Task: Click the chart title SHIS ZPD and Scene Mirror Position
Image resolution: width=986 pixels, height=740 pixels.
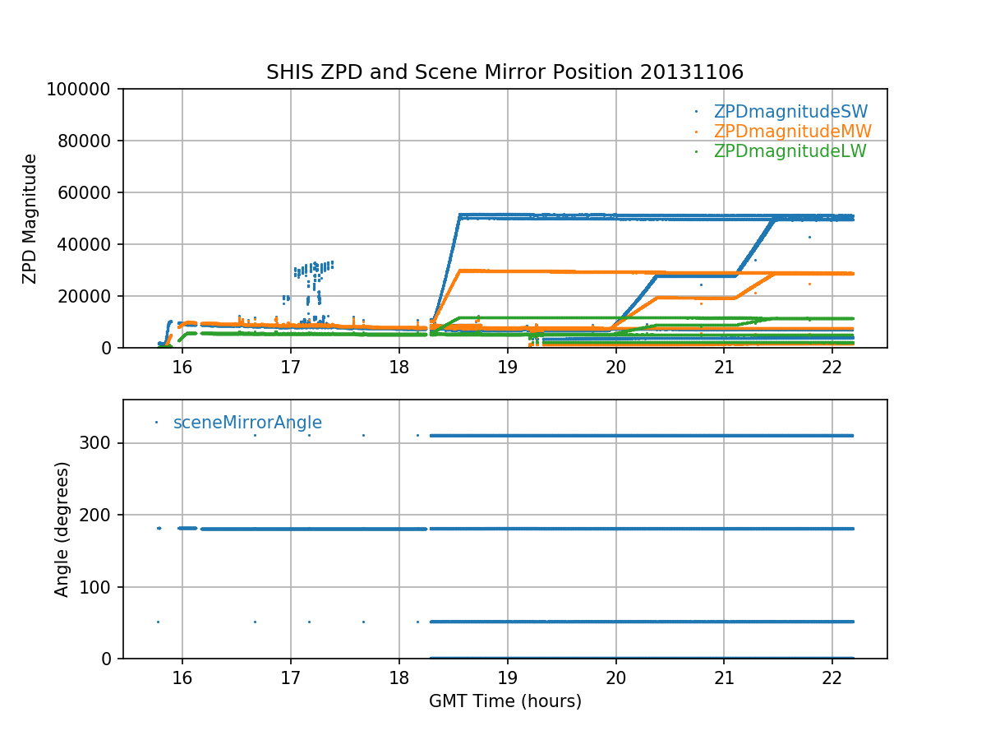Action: (x=505, y=72)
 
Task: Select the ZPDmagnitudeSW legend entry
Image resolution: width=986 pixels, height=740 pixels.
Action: (x=790, y=112)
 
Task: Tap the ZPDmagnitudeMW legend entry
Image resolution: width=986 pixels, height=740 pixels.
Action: (x=792, y=132)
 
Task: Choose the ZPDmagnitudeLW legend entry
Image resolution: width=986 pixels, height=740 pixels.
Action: (x=790, y=151)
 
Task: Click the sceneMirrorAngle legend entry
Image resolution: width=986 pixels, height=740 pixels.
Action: (x=247, y=423)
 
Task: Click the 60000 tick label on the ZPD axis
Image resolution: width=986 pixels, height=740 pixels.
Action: (x=91, y=192)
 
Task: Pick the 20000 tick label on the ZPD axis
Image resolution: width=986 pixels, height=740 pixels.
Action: (x=91, y=296)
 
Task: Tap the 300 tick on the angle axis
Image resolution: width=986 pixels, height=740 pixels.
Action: (x=101, y=443)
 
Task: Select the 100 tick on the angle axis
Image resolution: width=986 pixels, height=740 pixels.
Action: (x=101, y=587)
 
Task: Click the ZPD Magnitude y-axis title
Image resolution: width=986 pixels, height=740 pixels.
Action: (x=30, y=219)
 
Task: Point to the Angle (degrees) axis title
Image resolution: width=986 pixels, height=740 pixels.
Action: (x=62, y=529)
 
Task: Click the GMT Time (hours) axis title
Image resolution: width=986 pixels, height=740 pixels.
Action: (x=505, y=701)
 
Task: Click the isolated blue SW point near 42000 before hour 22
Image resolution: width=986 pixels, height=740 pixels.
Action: (x=809, y=238)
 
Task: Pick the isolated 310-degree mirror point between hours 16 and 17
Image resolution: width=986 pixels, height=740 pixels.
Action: (x=255, y=435)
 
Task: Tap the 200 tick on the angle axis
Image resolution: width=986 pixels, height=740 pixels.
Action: (x=101, y=515)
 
